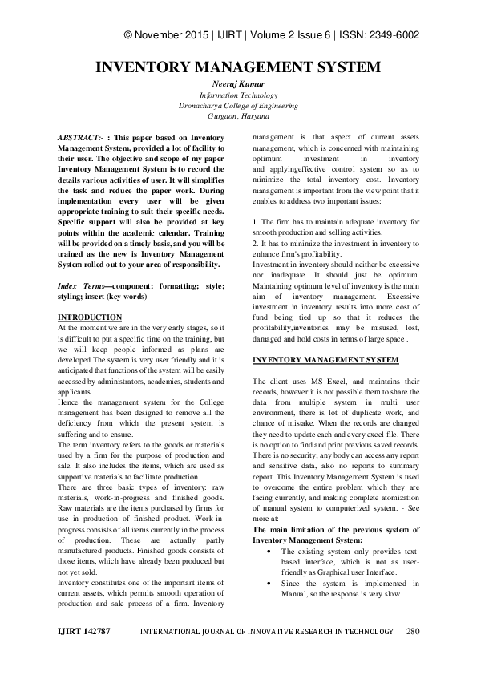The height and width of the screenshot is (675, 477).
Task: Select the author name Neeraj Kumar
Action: tap(238, 83)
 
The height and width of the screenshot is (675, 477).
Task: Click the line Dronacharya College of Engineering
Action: tap(238, 105)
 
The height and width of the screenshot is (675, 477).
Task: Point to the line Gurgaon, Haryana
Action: tap(238, 116)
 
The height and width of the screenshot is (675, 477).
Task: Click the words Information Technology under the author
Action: tap(238, 95)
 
